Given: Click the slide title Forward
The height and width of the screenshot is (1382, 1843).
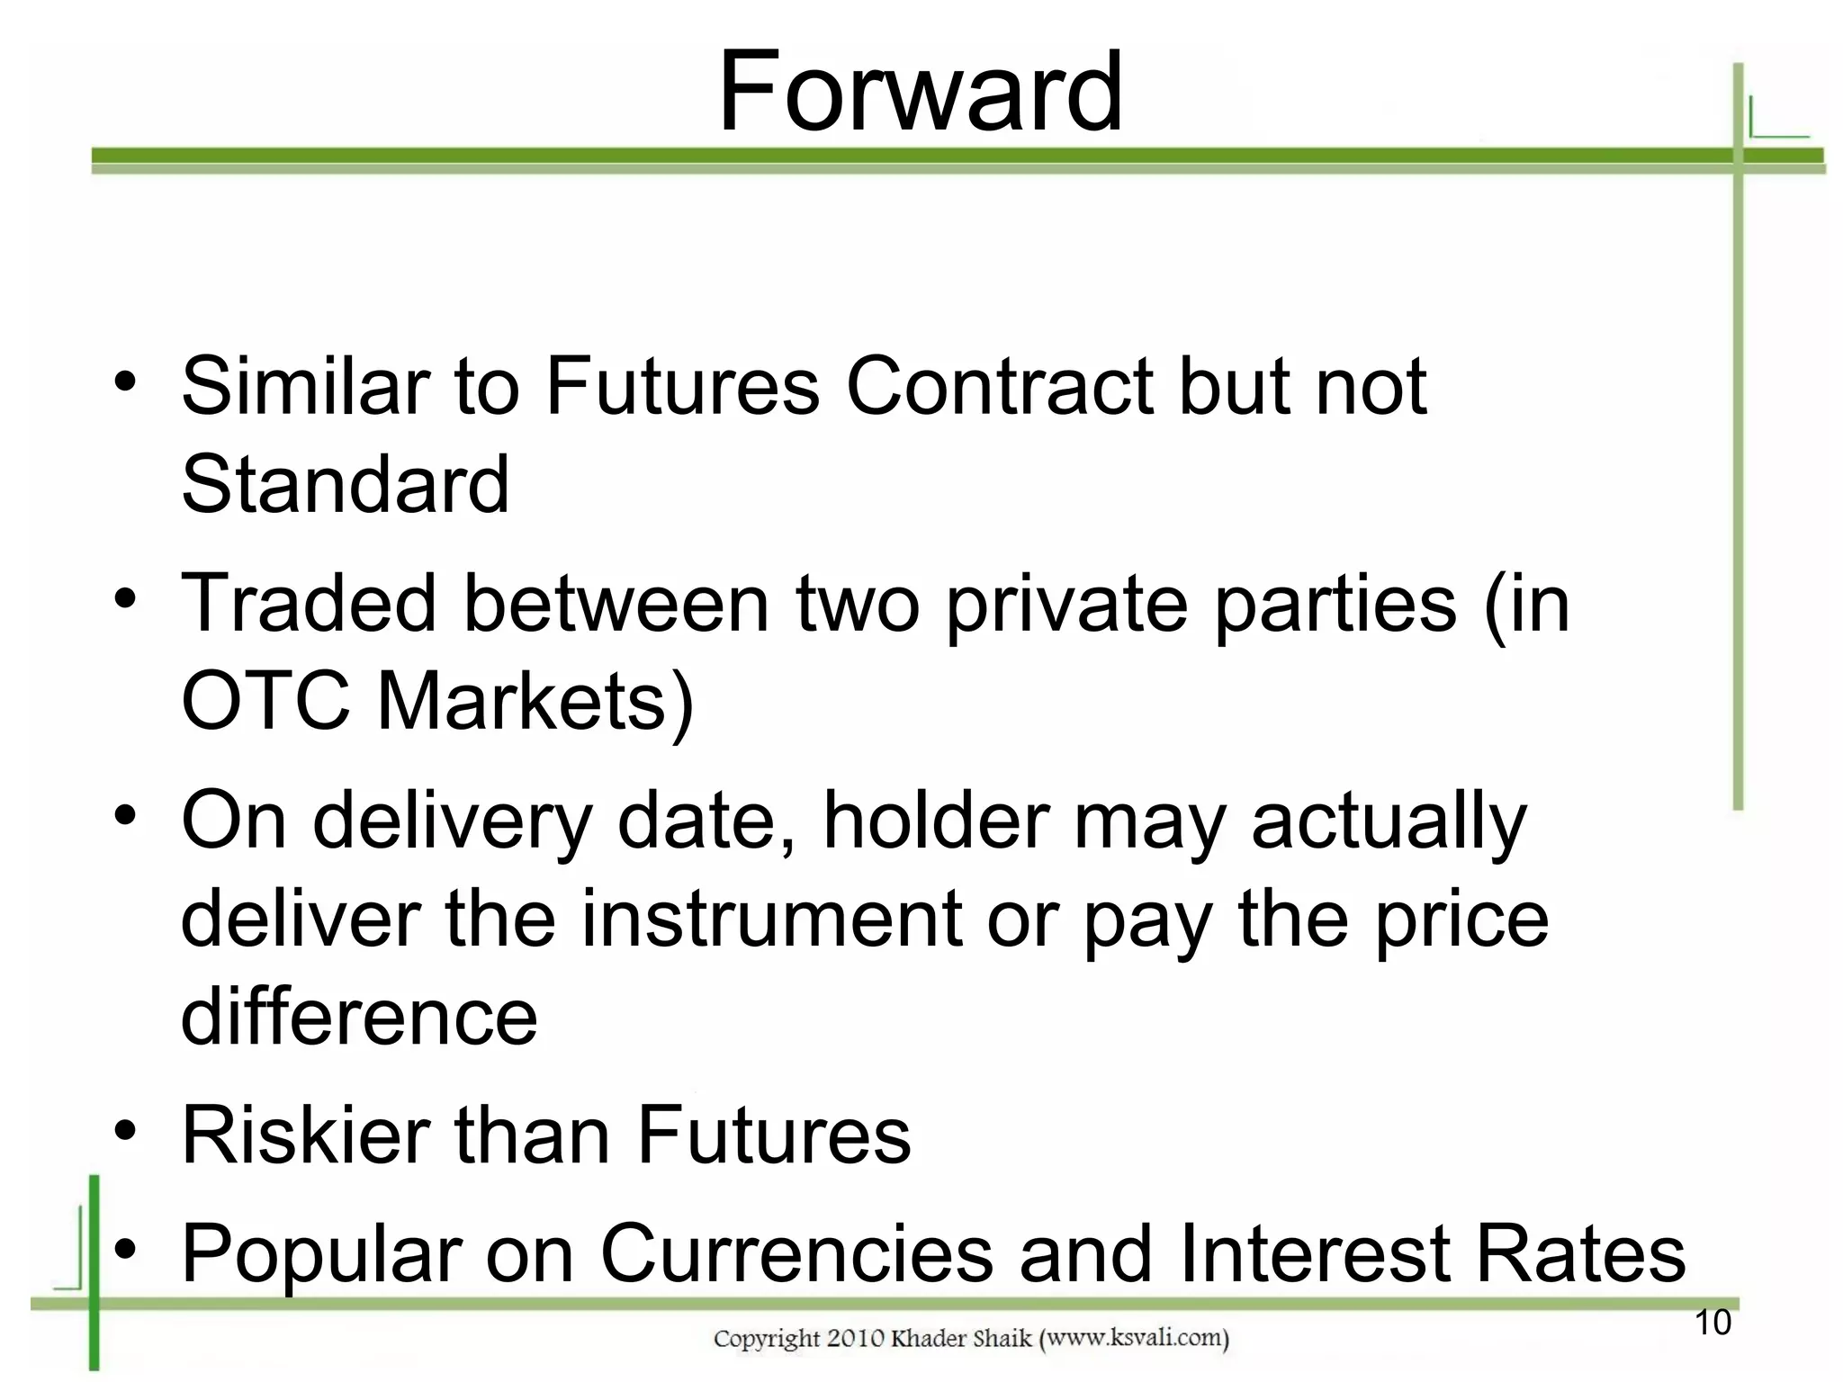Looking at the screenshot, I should tap(920, 92).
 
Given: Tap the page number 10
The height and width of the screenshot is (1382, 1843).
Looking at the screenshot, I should tap(1713, 1323).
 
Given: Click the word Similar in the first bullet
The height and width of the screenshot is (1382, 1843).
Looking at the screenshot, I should tap(305, 386).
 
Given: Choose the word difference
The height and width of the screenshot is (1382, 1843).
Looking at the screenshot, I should tap(359, 1018).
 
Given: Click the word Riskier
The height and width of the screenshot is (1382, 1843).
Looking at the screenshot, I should tap(305, 1135).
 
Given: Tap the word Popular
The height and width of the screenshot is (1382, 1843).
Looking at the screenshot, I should tap(321, 1255).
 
